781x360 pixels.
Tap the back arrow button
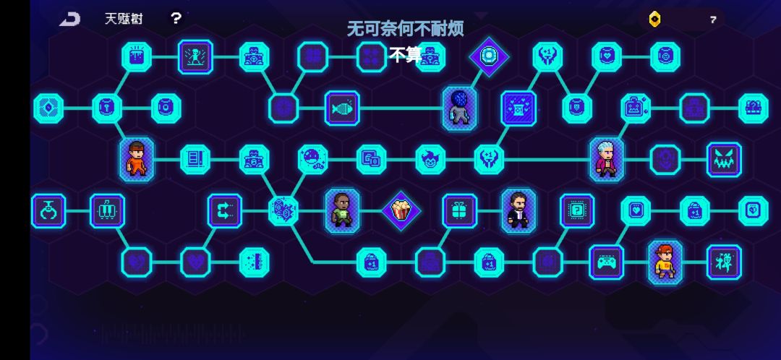(x=69, y=19)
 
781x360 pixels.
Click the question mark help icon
(x=176, y=18)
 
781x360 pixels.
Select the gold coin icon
(x=655, y=20)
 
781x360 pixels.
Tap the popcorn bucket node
(x=401, y=210)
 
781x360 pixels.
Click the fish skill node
(x=342, y=108)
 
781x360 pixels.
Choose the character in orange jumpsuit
(x=137, y=160)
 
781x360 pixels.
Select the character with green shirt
(x=342, y=210)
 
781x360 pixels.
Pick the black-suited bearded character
(x=518, y=210)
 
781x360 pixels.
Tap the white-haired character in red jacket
(x=607, y=160)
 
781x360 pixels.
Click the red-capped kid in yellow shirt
(x=665, y=262)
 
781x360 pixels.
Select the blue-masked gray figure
(x=459, y=108)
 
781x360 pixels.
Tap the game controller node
(x=606, y=262)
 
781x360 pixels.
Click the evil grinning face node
(x=724, y=160)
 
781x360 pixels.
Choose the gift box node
(x=459, y=210)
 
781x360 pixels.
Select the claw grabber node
(x=48, y=210)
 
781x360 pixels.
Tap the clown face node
(x=430, y=160)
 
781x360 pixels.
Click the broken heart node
(x=137, y=262)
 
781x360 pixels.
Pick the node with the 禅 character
(x=724, y=262)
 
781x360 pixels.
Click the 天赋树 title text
(x=124, y=19)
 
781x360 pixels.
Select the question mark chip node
(x=577, y=210)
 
